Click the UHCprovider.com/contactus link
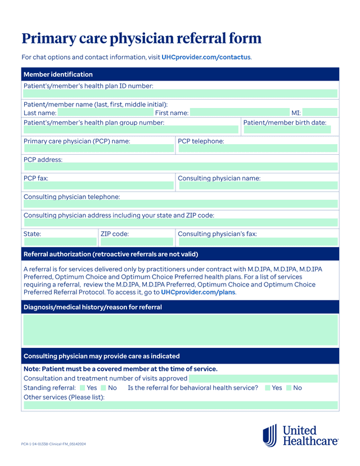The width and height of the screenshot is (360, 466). (206, 57)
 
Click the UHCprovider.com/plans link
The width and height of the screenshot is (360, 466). (198, 293)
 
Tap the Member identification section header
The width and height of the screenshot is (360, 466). (58, 74)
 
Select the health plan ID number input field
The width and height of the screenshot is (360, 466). (180, 94)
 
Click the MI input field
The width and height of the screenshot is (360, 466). (320, 113)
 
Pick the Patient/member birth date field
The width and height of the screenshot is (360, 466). (286, 130)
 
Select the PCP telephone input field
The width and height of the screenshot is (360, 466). (257, 149)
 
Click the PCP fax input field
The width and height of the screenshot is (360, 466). (98, 185)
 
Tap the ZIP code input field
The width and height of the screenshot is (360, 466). (136, 241)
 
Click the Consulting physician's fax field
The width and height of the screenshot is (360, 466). (257, 241)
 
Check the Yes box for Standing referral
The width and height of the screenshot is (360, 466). (82, 388)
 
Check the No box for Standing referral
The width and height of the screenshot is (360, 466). (103, 388)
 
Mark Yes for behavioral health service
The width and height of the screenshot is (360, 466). (267, 388)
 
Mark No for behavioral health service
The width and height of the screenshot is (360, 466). (289, 388)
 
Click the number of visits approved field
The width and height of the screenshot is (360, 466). (263, 379)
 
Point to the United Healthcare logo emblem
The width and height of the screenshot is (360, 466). (269, 435)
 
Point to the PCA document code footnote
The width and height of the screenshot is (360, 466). (53, 444)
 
